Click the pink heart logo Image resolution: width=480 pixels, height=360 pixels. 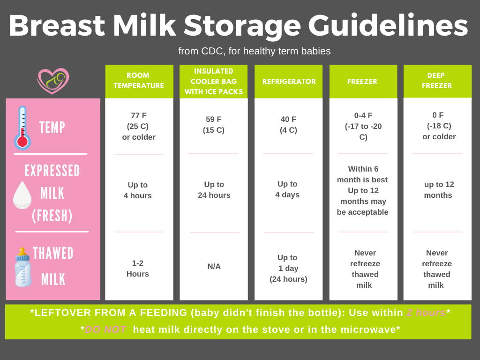pos(53,81)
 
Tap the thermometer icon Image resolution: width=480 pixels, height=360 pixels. pos(22,128)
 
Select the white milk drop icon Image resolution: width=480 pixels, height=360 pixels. pos(22,195)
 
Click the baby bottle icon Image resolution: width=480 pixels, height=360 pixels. pos(23,267)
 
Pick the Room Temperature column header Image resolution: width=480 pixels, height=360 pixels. pos(139,81)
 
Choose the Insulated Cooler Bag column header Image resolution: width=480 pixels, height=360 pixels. pos(214,81)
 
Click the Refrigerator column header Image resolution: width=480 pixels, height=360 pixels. pos(289,81)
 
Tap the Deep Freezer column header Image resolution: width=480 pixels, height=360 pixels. pos(437,81)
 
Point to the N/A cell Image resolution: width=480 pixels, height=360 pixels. pos(214,266)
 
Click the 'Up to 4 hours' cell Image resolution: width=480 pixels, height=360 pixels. pos(138,190)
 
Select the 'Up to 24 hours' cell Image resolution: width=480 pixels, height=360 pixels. pos(214,190)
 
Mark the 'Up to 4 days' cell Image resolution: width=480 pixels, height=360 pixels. pos(287,189)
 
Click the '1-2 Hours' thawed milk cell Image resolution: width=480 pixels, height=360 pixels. pos(138,269)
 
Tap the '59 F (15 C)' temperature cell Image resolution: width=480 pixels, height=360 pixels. pos(214,125)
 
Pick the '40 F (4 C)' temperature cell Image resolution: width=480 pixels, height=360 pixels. pos(288,125)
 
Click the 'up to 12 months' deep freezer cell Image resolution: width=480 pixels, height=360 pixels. pos(439,190)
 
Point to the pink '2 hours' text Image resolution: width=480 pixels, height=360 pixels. pos(426,313)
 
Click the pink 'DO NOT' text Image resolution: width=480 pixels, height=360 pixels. pos(105,330)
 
